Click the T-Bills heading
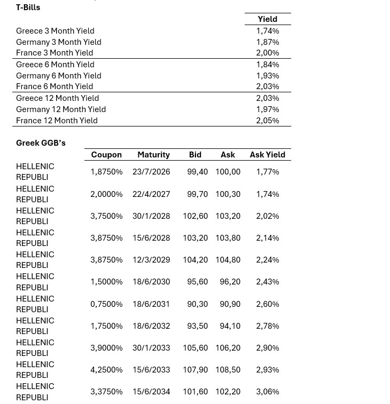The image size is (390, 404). click(28, 7)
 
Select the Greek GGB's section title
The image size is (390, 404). click(41, 143)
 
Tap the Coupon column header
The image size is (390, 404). click(106, 155)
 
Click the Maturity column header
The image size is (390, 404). click(153, 155)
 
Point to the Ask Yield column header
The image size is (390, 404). click(267, 155)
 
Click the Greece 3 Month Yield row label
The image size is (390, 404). click(55, 31)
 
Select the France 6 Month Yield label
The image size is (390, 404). click(54, 86)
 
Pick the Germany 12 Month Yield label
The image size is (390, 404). click(61, 109)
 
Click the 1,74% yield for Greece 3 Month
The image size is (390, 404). click(267, 31)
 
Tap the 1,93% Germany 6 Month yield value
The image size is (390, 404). click(267, 76)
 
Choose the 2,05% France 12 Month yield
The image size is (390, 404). click(267, 121)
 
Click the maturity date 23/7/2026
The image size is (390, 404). click(151, 172)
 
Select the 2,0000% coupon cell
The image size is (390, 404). click(106, 194)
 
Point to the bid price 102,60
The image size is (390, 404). click(195, 216)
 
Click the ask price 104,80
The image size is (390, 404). click(228, 260)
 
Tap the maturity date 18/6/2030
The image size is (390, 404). click(151, 282)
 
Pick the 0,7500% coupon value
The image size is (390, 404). click(106, 304)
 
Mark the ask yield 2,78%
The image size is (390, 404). click(267, 326)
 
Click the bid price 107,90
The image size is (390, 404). click(195, 370)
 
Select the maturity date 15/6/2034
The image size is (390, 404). click(151, 392)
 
